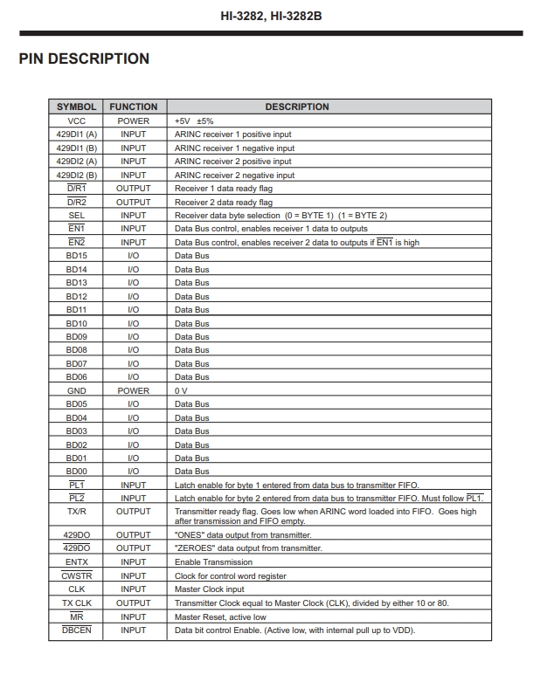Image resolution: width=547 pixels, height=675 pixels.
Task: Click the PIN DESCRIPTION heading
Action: coord(84,59)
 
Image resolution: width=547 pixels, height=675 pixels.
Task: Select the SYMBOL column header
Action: coord(77,107)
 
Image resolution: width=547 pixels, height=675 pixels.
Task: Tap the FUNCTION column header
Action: coord(134,107)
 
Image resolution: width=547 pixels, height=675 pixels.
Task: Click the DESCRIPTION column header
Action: coord(297,107)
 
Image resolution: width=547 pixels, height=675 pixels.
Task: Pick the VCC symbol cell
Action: coord(77,121)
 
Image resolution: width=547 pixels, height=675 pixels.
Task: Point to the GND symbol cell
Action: coord(77,390)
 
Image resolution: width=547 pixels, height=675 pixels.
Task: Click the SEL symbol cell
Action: coord(77,215)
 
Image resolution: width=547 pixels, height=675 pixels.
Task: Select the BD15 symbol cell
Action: coord(77,255)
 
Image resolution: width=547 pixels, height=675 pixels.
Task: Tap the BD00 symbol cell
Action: coord(77,472)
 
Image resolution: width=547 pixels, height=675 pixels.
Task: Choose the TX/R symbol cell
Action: coord(77,512)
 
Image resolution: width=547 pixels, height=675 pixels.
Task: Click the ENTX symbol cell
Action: coord(77,562)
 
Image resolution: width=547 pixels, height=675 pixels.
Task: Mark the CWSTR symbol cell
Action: coord(77,576)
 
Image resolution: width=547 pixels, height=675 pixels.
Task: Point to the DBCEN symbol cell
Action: coord(77,630)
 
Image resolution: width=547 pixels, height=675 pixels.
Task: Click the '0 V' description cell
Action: coord(181,390)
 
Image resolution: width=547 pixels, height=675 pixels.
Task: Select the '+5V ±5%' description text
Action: coord(194,121)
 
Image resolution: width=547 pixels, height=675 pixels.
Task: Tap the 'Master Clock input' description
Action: coord(211,589)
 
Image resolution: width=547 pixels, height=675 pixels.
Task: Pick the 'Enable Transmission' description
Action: coord(213,562)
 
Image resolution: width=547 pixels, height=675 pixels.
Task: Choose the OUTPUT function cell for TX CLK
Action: coord(134,603)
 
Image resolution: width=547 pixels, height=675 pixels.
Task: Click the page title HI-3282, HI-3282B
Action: coord(273,16)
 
